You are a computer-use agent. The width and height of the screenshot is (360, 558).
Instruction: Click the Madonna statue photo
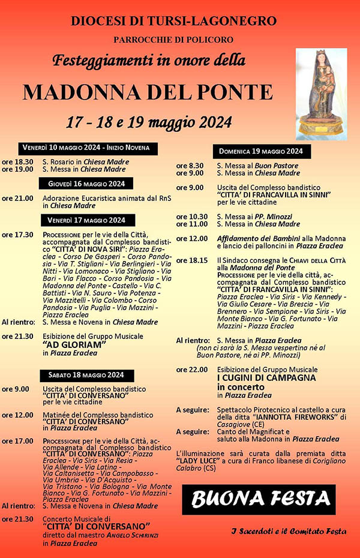point(322,94)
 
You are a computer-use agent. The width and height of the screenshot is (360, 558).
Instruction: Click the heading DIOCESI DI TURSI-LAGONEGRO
point(174,21)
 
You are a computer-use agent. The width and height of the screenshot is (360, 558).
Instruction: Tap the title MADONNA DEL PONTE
point(148,92)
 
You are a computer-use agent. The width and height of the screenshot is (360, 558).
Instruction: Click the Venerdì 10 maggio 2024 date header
point(90,148)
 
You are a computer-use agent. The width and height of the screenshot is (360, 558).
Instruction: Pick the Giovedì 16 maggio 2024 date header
point(86,183)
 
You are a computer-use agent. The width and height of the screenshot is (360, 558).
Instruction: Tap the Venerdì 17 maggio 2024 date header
point(87,220)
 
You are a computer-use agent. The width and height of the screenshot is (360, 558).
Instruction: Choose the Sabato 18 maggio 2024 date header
point(86,375)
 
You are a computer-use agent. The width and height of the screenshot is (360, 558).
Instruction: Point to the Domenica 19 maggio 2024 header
point(261,151)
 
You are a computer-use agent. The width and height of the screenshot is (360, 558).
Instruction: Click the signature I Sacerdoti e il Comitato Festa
point(289,531)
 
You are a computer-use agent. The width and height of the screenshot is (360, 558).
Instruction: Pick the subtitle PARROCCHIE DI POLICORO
point(174,40)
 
